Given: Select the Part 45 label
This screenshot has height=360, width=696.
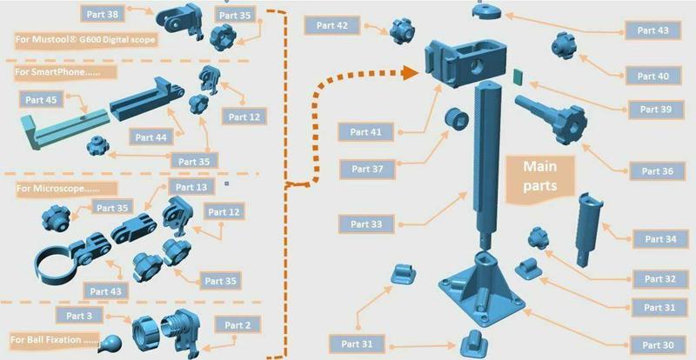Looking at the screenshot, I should click(40, 100).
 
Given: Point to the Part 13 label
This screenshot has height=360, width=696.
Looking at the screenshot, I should click(191, 187).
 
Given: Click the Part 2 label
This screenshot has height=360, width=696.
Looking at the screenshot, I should click(237, 325).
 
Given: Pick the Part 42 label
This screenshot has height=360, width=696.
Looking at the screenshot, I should click(331, 26).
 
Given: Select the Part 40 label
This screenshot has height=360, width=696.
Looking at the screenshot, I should click(652, 77).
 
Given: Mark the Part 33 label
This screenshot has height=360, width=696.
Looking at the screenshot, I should click(366, 224).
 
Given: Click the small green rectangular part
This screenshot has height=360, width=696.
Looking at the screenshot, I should click(518, 77).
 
